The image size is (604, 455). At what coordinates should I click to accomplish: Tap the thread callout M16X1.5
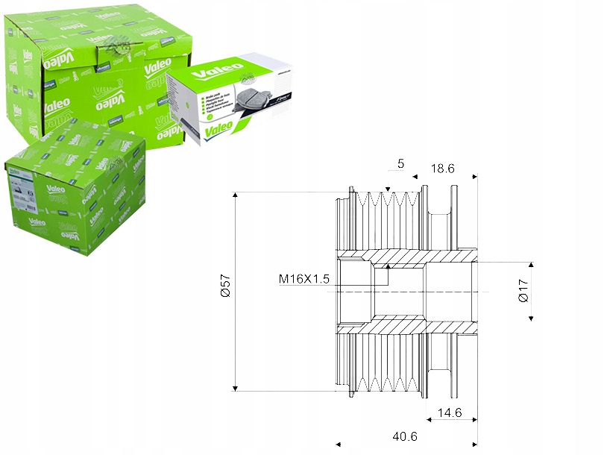pos(304,279)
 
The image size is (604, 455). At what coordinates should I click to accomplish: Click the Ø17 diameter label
pos(523,290)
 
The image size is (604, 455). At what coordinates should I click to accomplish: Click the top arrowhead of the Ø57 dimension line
pos(235,196)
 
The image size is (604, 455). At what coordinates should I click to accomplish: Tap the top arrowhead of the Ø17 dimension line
pos(531,266)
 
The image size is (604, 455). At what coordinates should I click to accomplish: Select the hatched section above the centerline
pos(403,258)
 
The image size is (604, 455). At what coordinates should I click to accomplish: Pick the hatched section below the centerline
pos(403,324)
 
